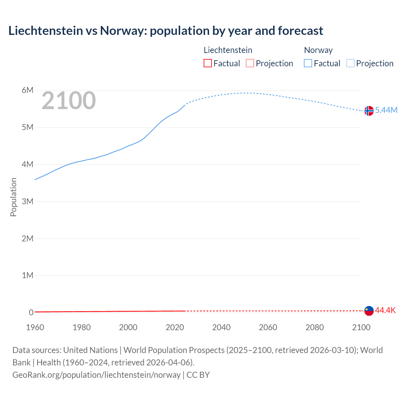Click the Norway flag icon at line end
(x=369, y=111)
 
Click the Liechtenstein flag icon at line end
(x=369, y=311)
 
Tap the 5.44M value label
(x=386, y=110)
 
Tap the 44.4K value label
(x=385, y=310)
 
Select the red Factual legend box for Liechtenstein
(x=207, y=63)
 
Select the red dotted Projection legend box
(x=250, y=63)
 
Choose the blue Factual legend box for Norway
(x=308, y=63)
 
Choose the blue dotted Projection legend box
(x=350, y=63)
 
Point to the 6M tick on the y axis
(x=28, y=90)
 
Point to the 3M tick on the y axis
(x=28, y=201)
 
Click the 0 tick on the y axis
(x=31, y=312)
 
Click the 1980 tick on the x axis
(x=82, y=327)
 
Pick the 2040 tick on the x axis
(x=221, y=327)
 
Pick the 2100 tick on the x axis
(x=361, y=327)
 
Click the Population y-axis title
(x=13, y=197)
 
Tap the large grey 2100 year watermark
(x=69, y=101)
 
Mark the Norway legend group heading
(x=318, y=50)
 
